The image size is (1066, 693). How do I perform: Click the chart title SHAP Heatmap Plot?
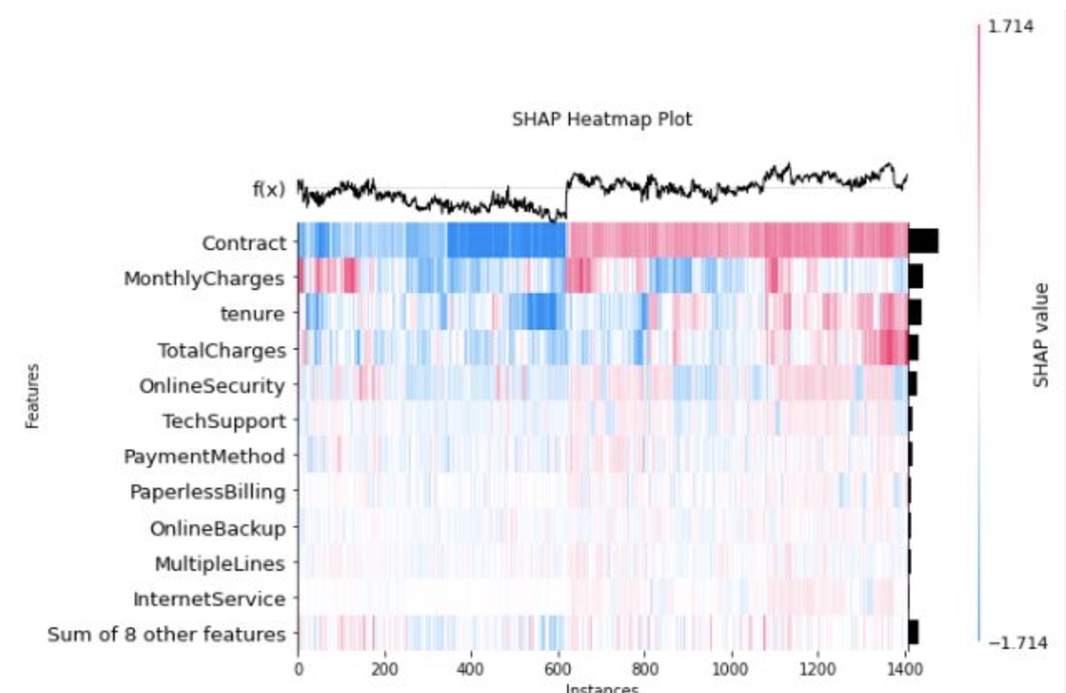(602, 120)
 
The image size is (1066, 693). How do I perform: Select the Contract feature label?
(244, 243)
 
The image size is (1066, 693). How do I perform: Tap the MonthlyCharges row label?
(205, 278)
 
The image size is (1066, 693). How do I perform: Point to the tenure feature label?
(253, 314)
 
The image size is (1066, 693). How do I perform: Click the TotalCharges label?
(222, 351)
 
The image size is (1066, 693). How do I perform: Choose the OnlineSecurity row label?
(212, 386)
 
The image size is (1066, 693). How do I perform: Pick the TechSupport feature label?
(225, 421)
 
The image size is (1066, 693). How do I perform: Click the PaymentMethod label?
(205, 457)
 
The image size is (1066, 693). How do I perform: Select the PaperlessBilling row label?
(208, 492)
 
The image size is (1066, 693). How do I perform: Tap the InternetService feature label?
(210, 599)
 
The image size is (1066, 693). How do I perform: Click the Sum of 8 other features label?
(166, 635)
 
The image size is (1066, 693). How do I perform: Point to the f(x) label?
(269, 189)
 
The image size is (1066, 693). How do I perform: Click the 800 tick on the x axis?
(644, 670)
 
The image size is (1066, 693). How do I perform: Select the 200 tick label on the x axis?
(384, 670)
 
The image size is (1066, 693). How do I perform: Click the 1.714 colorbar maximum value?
(1011, 27)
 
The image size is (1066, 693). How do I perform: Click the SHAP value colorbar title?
(1041, 336)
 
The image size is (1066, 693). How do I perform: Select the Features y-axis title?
(32, 396)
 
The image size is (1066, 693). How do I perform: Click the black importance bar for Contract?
(923, 241)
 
